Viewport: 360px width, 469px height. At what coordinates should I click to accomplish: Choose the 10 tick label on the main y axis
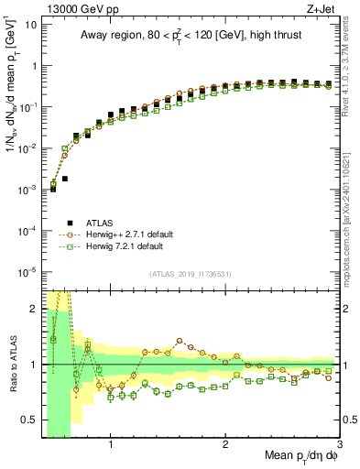pos(29,25)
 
